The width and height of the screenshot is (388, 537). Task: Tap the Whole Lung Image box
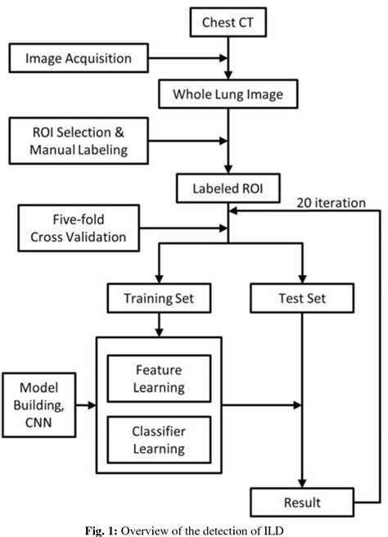(228, 94)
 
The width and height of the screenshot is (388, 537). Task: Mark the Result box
(304, 502)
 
